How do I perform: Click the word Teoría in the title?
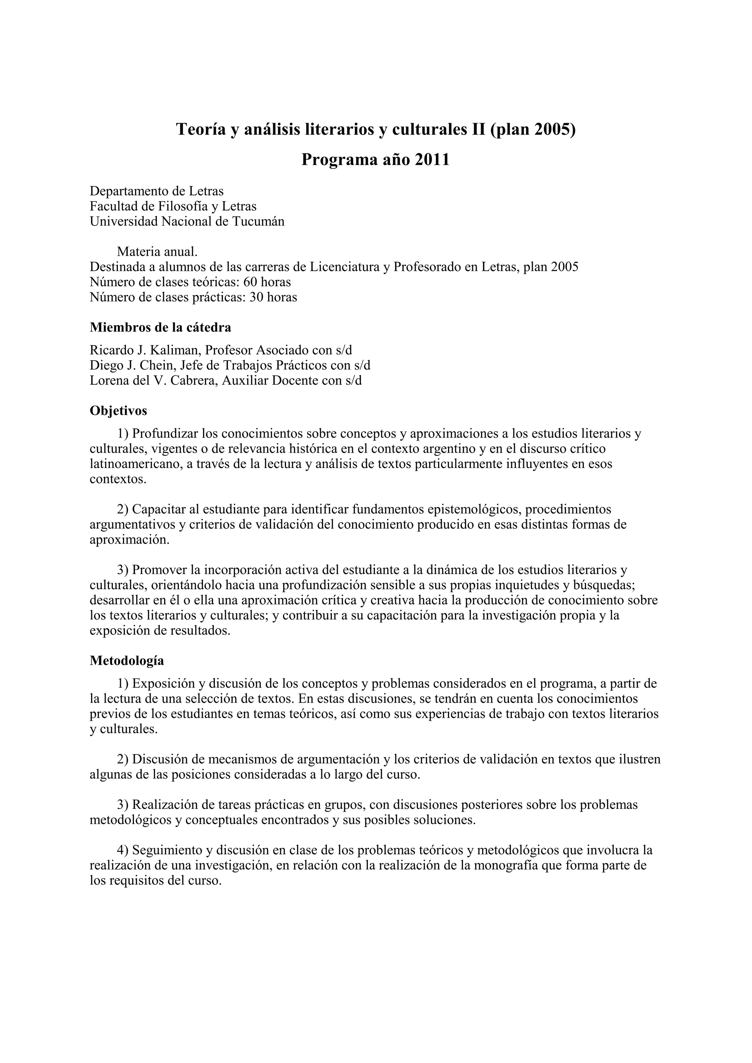(x=200, y=129)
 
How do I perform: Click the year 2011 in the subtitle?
(x=432, y=160)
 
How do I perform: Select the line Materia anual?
(x=157, y=252)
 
